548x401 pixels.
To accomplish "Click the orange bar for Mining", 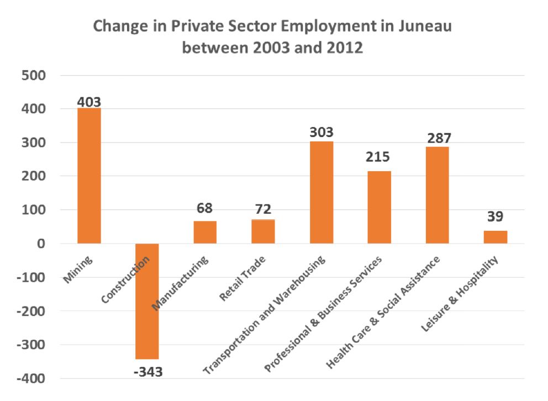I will pos(89,176).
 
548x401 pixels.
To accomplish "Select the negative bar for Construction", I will pos(147,301).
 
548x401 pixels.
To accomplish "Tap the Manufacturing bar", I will pos(205,232).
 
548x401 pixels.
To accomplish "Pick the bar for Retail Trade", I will pos(263,231).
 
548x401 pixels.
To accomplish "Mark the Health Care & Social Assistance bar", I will pos(438,195).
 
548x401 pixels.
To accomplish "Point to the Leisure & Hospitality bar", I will pos(496,237).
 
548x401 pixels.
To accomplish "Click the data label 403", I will pos(89,102).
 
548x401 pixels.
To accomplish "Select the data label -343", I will pos(147,371).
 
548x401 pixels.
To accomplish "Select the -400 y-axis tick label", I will pos(32,378).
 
